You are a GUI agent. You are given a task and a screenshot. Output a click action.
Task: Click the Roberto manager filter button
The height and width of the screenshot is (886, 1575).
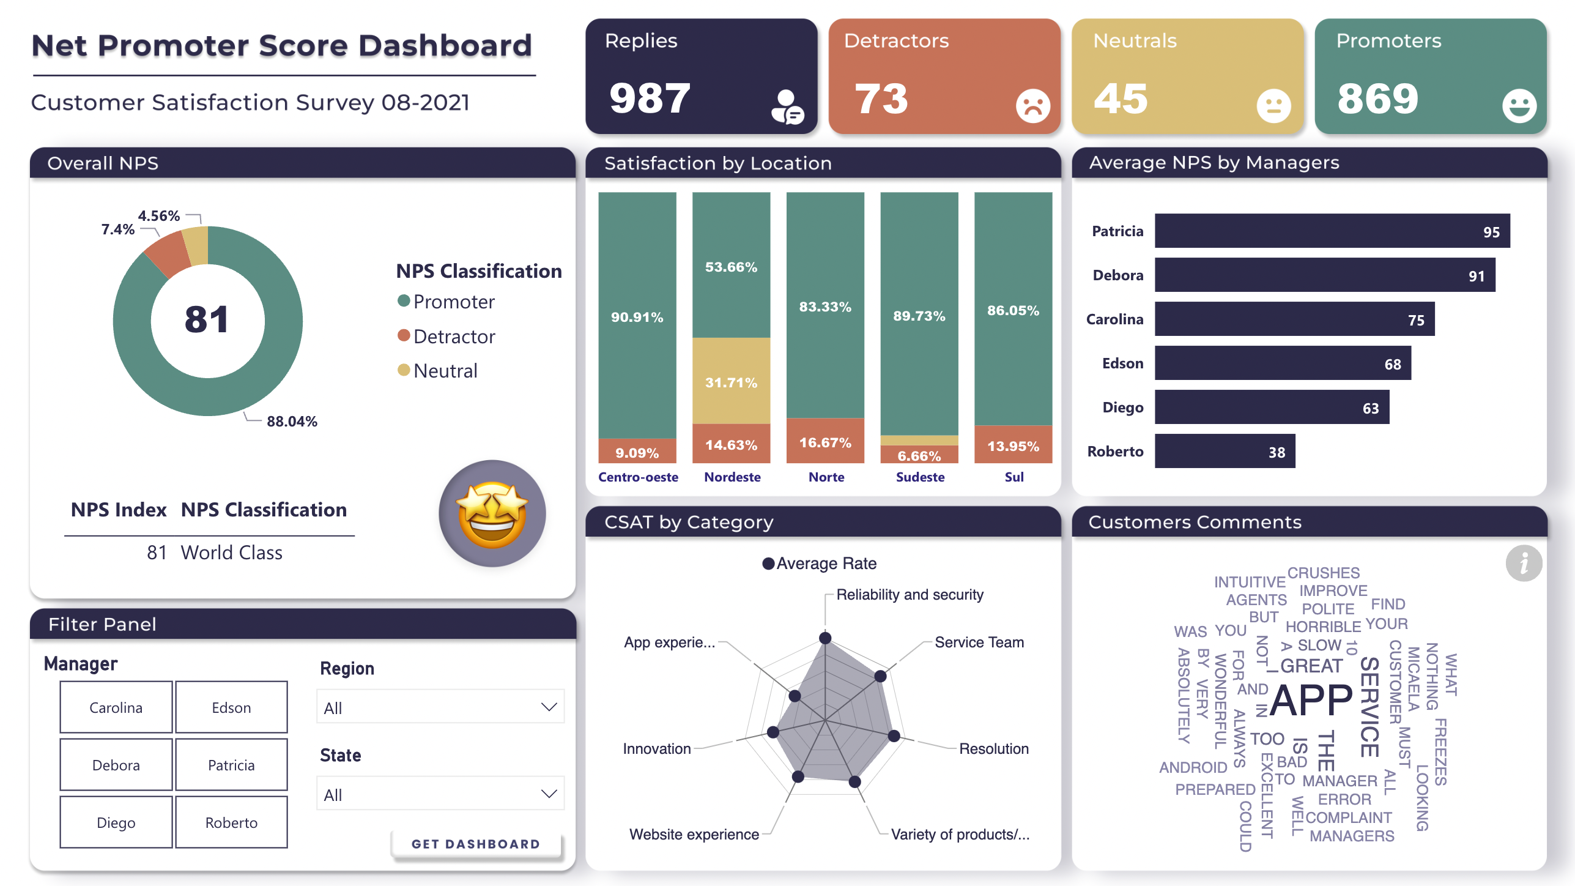coord(231,822)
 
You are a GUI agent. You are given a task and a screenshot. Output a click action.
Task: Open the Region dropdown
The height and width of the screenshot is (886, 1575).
coord(440,707)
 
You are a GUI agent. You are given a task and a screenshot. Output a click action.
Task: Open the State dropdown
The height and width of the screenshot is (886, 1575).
coord(440,794)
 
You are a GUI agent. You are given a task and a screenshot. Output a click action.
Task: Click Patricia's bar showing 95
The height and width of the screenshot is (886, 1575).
coord(1332,231)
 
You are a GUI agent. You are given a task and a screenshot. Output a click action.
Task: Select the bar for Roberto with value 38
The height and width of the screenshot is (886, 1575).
coord(1224,452)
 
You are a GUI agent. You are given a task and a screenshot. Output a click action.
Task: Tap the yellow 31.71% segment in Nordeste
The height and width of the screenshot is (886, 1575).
coord(731,381)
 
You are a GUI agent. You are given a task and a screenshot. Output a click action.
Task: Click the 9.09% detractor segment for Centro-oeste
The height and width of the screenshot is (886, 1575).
coord(637,452)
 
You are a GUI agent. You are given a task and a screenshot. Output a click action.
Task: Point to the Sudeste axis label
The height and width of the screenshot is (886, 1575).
coord(919,477)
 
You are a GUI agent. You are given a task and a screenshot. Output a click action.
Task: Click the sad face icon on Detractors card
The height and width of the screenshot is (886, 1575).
coord(1032,106)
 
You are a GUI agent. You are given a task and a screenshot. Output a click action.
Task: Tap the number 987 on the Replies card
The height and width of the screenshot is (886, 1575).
coord(650,99)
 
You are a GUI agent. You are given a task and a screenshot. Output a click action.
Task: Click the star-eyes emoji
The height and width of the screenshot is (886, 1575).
coord(492,513)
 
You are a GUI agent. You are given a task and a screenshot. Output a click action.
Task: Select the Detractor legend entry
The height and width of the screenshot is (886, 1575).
coord(453,337)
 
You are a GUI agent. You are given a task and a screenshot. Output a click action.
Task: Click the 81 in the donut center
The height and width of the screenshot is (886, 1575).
coord(207,320)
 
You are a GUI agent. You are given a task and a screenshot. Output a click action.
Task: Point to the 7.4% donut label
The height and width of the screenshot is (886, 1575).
coord(117,229)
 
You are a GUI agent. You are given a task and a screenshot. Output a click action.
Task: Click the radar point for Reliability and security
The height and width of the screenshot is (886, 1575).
coord(825,638)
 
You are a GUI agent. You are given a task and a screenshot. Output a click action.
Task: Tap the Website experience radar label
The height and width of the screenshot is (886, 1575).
coord(694,835)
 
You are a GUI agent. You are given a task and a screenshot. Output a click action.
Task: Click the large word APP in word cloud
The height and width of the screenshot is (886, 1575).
coord(1311,701)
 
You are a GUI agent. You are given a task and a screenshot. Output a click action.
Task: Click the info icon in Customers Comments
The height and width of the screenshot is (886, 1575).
coord(1523,563)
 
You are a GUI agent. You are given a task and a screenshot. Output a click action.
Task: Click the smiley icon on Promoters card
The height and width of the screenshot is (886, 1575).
coord(1519,106)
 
